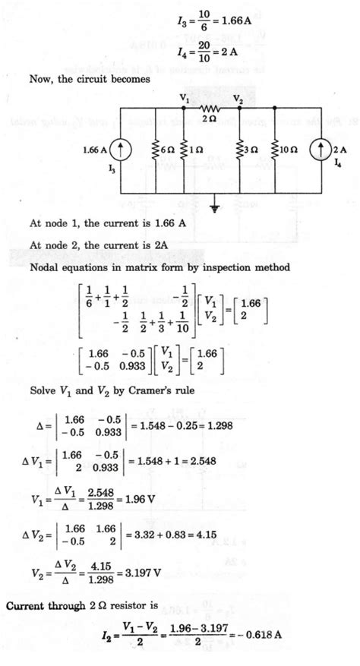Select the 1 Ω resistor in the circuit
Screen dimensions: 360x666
click(182, 150)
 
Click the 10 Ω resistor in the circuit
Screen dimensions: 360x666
click(273, 150)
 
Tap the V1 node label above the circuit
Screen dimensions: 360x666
click(184, 98)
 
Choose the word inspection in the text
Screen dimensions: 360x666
click(220, 269)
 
